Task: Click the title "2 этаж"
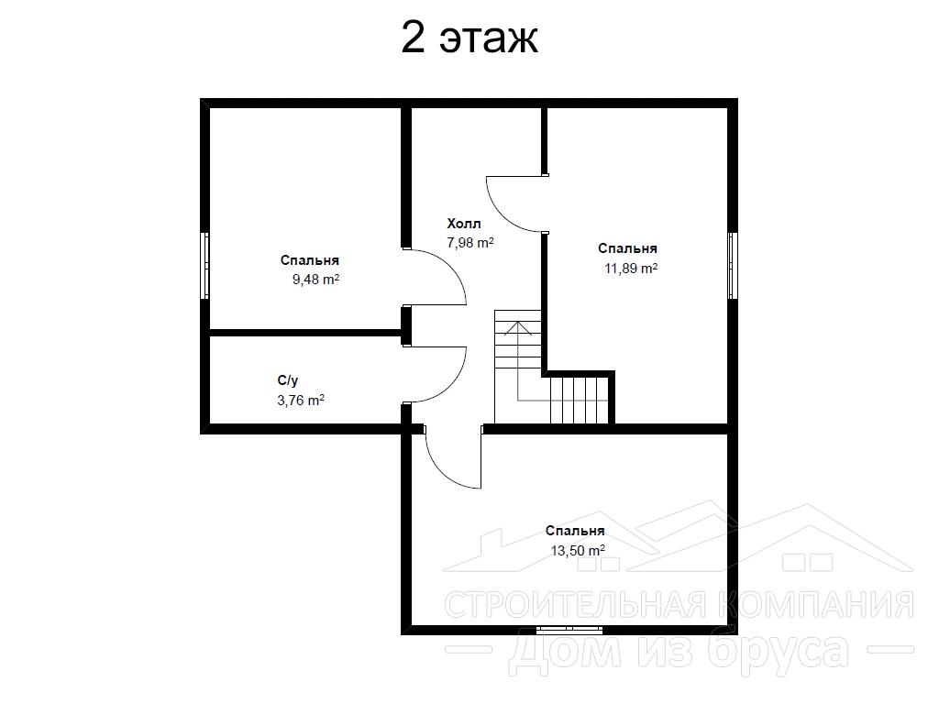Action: click(469, 38)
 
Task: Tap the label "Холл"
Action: click(463, 224)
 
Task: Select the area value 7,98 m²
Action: click(470, 242)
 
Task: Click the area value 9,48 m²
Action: click(315, 280)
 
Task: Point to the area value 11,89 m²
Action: click(631, 269)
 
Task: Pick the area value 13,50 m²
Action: click(578, 550)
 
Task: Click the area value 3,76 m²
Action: click(301, 400)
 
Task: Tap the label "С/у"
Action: click(287, 380)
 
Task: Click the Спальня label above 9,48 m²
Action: click(310, 260)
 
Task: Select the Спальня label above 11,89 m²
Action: click(627, 248)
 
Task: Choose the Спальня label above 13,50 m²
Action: click(575, 531)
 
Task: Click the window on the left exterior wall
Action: click(204, 265)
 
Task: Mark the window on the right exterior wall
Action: click(733, 265)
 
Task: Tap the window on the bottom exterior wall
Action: click(569, 629)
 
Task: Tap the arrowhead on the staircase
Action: click(517, 328)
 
